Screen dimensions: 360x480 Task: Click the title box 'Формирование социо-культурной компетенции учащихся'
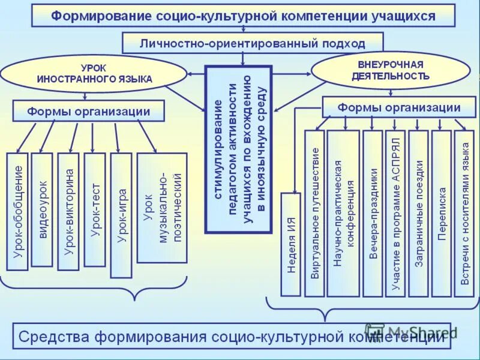242,16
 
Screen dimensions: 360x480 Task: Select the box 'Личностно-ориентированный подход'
252,43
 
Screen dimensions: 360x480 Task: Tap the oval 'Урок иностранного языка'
94,74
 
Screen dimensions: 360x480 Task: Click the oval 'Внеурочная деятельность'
390,70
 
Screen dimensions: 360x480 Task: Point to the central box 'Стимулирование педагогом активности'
238,149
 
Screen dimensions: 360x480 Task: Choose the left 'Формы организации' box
88,111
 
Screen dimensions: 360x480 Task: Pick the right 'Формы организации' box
398,107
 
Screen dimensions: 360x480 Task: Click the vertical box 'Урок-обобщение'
17,211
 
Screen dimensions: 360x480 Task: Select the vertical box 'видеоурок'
42,209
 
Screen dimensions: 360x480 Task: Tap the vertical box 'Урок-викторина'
68,211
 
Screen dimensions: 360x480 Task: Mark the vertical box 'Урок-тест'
95,209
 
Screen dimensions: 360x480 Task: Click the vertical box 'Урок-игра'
121,215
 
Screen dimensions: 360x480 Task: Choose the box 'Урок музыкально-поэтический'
162,208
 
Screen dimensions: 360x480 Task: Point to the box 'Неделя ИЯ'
291,244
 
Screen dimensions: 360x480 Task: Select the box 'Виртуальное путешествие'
314,213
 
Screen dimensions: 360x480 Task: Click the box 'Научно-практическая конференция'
343,213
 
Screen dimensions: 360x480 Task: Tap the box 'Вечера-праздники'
373,213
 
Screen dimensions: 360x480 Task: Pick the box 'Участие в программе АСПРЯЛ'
395,213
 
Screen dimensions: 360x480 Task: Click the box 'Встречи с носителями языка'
464,213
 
